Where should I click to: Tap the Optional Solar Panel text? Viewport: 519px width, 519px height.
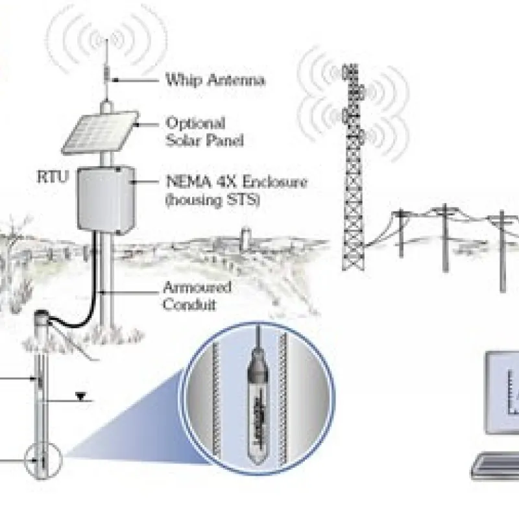coord(195,130)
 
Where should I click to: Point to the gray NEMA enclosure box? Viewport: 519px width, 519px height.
coord(105,198)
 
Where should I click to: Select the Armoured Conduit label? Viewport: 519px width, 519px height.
coord(197,295)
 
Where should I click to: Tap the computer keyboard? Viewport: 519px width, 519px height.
coord(496,466)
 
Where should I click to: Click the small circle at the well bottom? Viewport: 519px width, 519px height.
coord(41,463)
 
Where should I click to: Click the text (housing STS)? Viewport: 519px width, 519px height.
coord(212,200)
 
